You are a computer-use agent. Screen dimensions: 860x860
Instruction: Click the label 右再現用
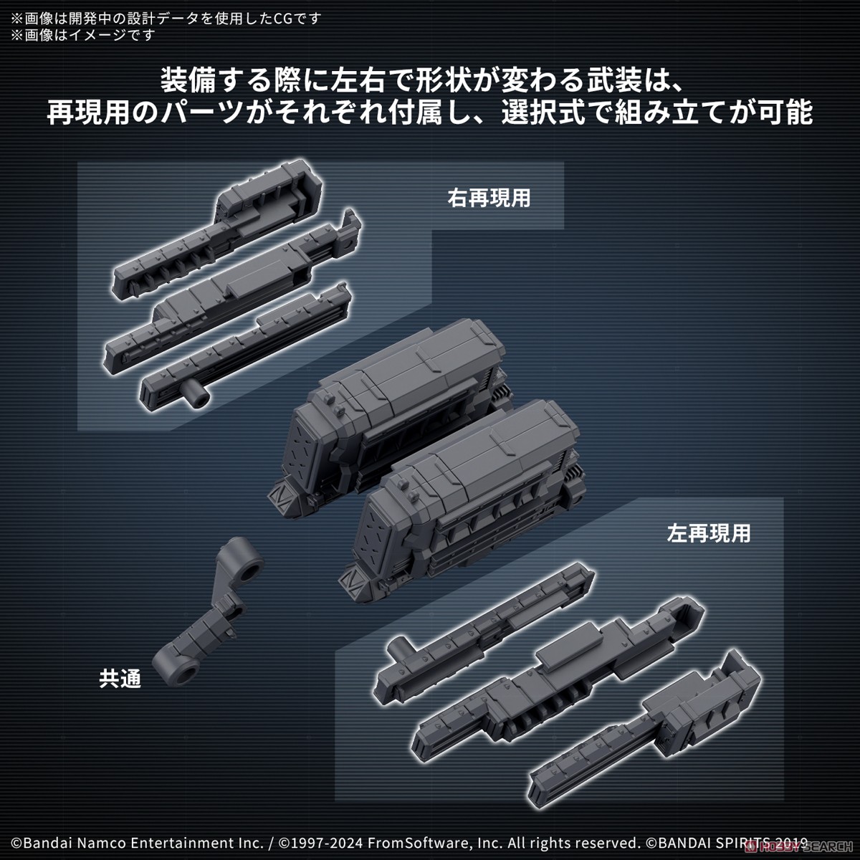click(x=489, y=198)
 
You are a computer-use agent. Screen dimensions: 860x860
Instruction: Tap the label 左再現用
click(x=708, y=533)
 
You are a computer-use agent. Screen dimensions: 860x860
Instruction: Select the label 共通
click(x=120, y=678)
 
